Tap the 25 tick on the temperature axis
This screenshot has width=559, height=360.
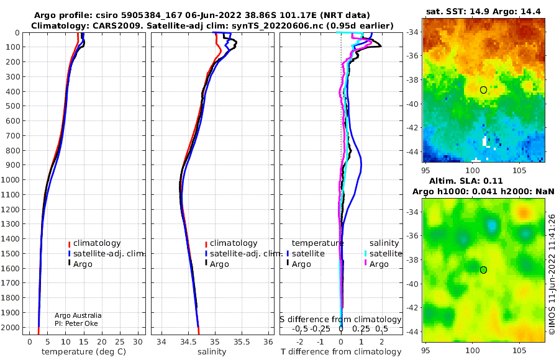[x=120, y=342]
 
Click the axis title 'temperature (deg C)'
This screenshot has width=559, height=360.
[x=84, y=352]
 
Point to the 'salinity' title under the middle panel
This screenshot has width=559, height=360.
[x=212, y=352]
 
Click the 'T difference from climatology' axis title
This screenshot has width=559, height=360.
[x=341, y=352]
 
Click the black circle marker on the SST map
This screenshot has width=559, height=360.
[x=483, y=90]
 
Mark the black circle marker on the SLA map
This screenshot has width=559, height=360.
[x=483, y=270]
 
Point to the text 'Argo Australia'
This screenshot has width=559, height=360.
[x=78, y=315]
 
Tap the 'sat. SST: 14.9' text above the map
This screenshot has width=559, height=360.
[x=458, y=11]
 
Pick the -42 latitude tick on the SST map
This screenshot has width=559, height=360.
[x=412, y=128]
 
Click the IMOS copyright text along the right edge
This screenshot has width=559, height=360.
[x=552, y=274]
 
